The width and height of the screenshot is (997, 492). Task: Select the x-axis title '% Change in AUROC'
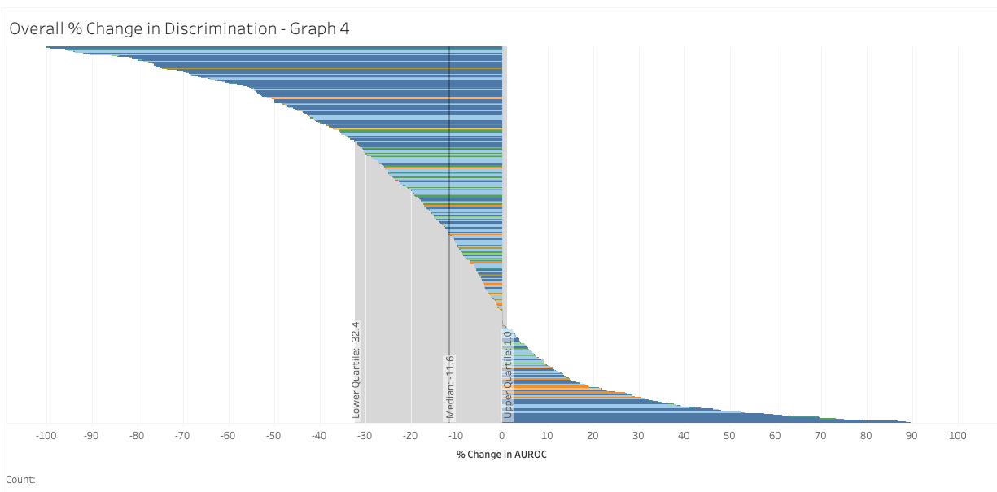pos(501,454)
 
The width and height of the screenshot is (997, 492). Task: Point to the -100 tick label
pos(46,436)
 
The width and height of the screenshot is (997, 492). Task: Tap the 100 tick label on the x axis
pos(957,436)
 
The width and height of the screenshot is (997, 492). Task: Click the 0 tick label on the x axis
pos(502,436)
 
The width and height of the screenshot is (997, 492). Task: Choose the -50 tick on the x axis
pos(273,436)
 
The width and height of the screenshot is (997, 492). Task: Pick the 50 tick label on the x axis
pos(730,436)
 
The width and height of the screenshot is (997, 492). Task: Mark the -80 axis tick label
pos(137,436)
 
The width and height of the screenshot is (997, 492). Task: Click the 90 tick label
pos(912,436)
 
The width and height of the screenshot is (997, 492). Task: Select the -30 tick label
pos(365,436)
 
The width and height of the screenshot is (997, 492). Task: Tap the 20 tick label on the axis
pos(593,436)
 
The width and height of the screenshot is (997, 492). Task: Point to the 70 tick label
pos(820,436)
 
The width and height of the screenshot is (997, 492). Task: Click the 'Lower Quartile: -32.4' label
pos(356,370)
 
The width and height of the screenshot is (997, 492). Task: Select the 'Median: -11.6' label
pos(449,386)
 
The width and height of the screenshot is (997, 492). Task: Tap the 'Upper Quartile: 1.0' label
pos(508,374)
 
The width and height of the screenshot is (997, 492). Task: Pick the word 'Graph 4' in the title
pos(321,28)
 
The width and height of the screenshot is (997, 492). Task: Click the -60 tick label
pos(228,436)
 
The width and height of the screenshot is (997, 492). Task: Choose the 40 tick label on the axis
pos(684,436)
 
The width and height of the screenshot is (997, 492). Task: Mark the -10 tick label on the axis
pos(456,436)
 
